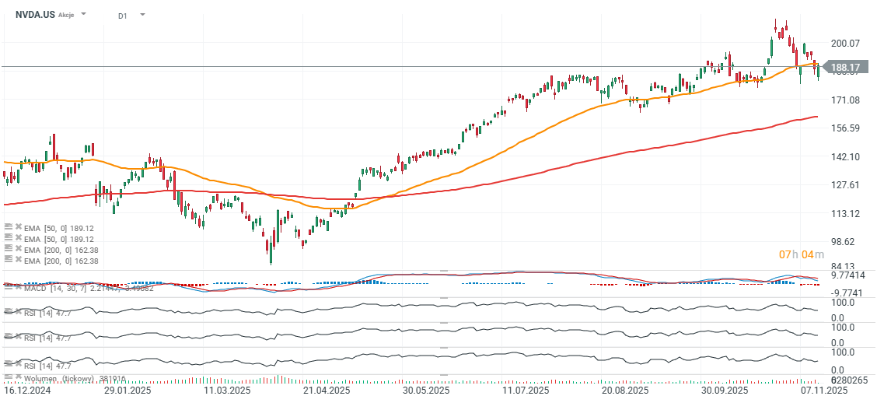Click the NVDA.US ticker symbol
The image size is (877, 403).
(34, 14)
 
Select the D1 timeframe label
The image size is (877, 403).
(123, 15)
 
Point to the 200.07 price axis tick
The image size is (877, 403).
(845, 43)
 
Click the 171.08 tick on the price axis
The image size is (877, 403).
(845, 100)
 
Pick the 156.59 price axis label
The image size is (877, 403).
(845, 128)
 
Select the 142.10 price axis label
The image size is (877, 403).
(845, 156)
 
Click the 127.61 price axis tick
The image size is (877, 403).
(845, 185)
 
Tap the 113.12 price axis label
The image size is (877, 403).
(845, 213)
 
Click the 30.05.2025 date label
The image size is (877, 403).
(426, 392)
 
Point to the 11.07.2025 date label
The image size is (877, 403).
(526, 392)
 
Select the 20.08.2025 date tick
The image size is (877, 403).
(627, 392)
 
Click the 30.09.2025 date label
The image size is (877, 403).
(725, 392)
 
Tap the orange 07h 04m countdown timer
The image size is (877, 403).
(801, 254)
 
